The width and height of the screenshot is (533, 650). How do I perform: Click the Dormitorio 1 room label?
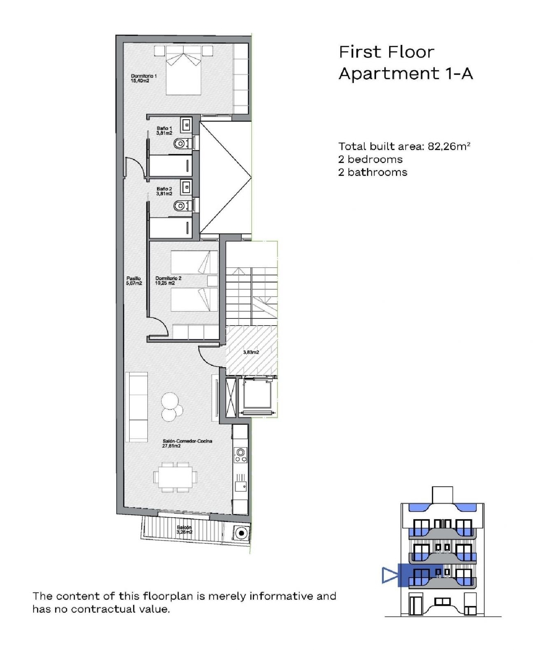(x=144, y=78)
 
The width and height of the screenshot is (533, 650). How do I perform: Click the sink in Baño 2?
(x=186, y=187)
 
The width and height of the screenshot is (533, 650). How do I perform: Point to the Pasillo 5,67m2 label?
(x=134, y=281)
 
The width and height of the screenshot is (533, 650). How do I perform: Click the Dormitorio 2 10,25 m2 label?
(x=168, y=281)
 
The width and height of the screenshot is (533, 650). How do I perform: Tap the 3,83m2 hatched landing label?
(x=251, y=352)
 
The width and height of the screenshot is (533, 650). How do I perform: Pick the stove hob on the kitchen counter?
(x=241, y=455)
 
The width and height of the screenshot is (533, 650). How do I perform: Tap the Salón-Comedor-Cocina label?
(x=187, y=443)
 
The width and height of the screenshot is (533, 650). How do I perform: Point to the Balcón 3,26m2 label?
(x=184, y=530)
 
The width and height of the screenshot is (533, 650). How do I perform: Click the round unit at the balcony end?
(x=242, y=533)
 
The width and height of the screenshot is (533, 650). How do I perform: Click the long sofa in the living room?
(x=136, y=407)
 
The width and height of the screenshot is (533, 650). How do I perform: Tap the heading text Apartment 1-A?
(x=405, y=74)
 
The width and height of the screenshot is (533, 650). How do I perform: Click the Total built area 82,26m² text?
(x=404, y=146)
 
